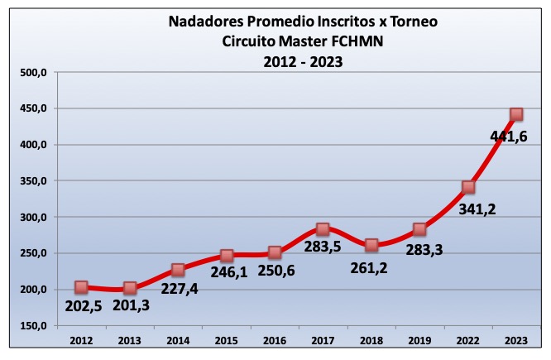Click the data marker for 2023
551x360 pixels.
point(516,115)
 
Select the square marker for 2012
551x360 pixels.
point(81,287)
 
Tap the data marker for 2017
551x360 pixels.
point(323,229)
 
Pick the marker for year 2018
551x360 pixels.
point(371,245)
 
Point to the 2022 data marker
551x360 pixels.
point(468,187)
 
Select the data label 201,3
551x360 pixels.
point(134,309)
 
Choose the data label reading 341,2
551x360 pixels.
point(469,209)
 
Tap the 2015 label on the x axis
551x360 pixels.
point(226,340)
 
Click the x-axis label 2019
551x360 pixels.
point(419,340)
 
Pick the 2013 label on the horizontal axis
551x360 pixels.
point(129,340)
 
